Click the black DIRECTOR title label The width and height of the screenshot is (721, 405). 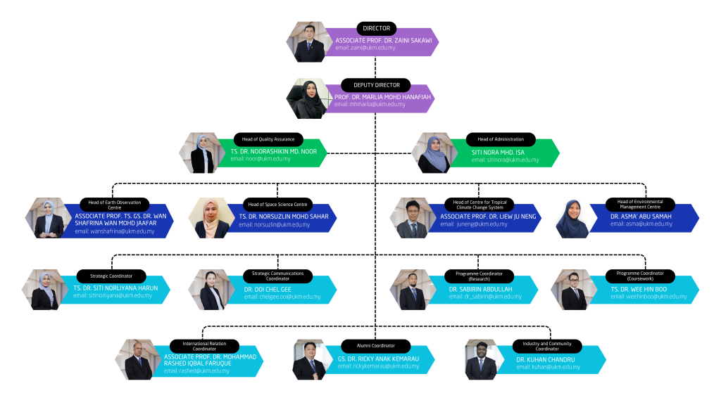[x=376, y=29]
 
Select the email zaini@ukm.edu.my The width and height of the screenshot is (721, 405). [x=365, y=48]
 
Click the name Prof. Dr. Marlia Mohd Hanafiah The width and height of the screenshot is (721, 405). [x=382, y=96]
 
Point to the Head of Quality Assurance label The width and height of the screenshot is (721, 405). [x=268, y=139]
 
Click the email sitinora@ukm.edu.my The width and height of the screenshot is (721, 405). [x=505, y=160]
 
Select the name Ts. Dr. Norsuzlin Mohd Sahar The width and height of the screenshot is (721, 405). [x=283, y=216]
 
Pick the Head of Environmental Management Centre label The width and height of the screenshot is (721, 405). [x=639, y=205]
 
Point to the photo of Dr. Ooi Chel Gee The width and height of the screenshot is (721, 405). [x=209, y=290]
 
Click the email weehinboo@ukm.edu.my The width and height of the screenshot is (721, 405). [x=648, y=297]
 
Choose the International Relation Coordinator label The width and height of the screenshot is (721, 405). [x=203, y=346]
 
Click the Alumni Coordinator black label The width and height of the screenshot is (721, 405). [x=365, y=346]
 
